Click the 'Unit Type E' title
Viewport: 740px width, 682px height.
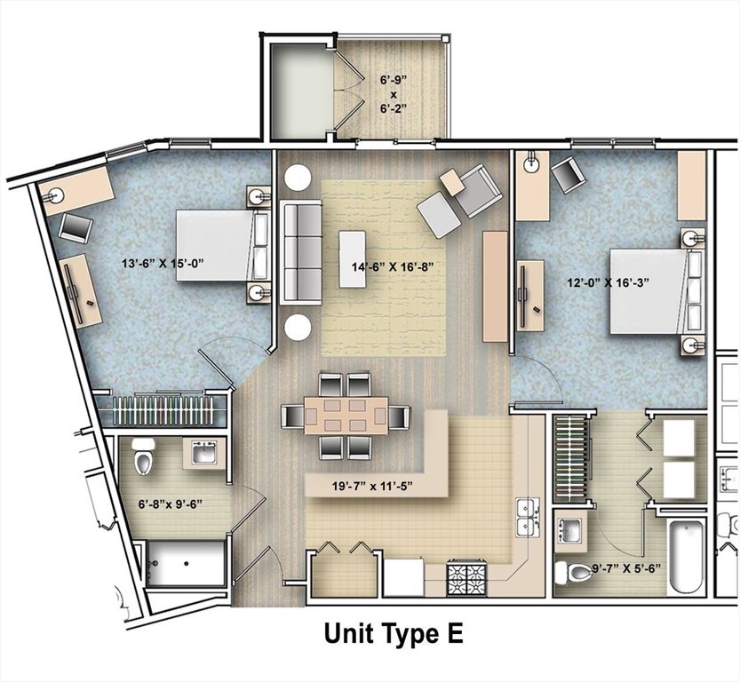coord(393,634)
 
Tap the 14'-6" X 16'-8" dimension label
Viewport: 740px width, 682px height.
coord(392,265)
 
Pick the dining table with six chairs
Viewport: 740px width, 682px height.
coord(346,416)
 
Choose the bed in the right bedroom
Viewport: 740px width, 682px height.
coord(654,290)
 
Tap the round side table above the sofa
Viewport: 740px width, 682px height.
coord(298,178)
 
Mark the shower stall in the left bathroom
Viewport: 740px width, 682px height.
coord(186,565)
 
